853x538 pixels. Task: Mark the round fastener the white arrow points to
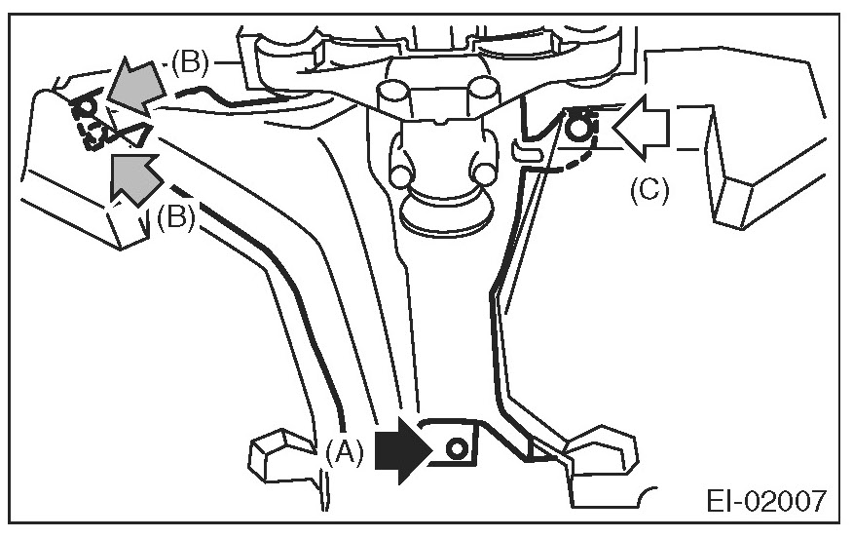580,126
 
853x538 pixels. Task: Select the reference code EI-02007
767,502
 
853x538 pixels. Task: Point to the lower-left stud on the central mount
398,174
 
